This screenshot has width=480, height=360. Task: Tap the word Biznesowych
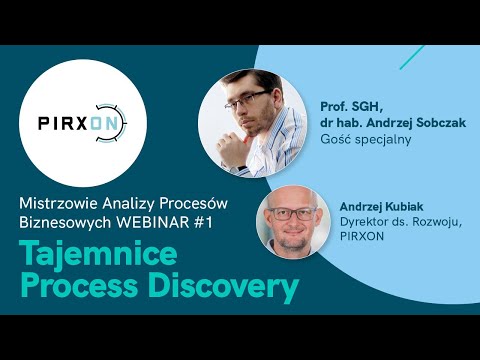coord(65,221)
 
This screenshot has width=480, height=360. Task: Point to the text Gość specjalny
coord(366,139)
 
